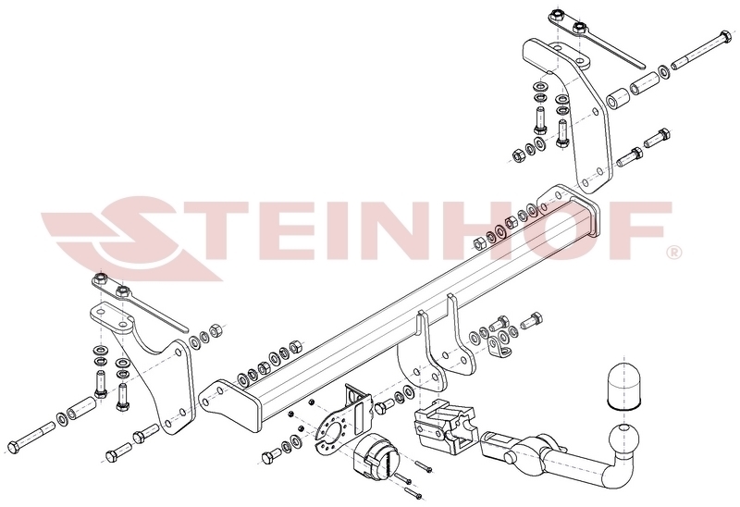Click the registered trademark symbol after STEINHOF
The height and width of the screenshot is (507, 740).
pos(674,253)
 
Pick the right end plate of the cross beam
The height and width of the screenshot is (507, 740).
pos(570,208)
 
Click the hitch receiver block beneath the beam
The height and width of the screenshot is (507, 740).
pos(446,426)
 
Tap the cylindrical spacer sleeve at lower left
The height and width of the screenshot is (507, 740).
pos(82,408)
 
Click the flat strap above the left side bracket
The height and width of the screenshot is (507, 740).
pos(139,303)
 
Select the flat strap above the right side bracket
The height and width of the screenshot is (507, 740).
pos(596,37)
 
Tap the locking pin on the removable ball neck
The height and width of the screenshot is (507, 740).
pos(510,457)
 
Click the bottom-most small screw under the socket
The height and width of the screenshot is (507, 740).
pos(412,494)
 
